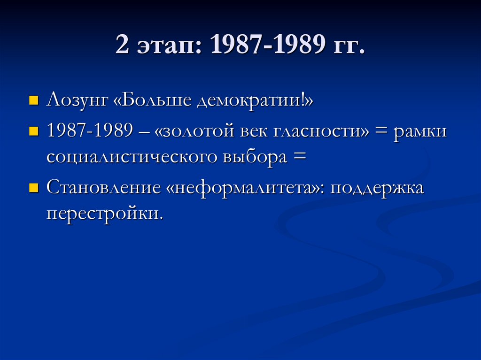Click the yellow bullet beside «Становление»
[33, 189]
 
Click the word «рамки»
[421, 132]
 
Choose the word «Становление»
[104, 189]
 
